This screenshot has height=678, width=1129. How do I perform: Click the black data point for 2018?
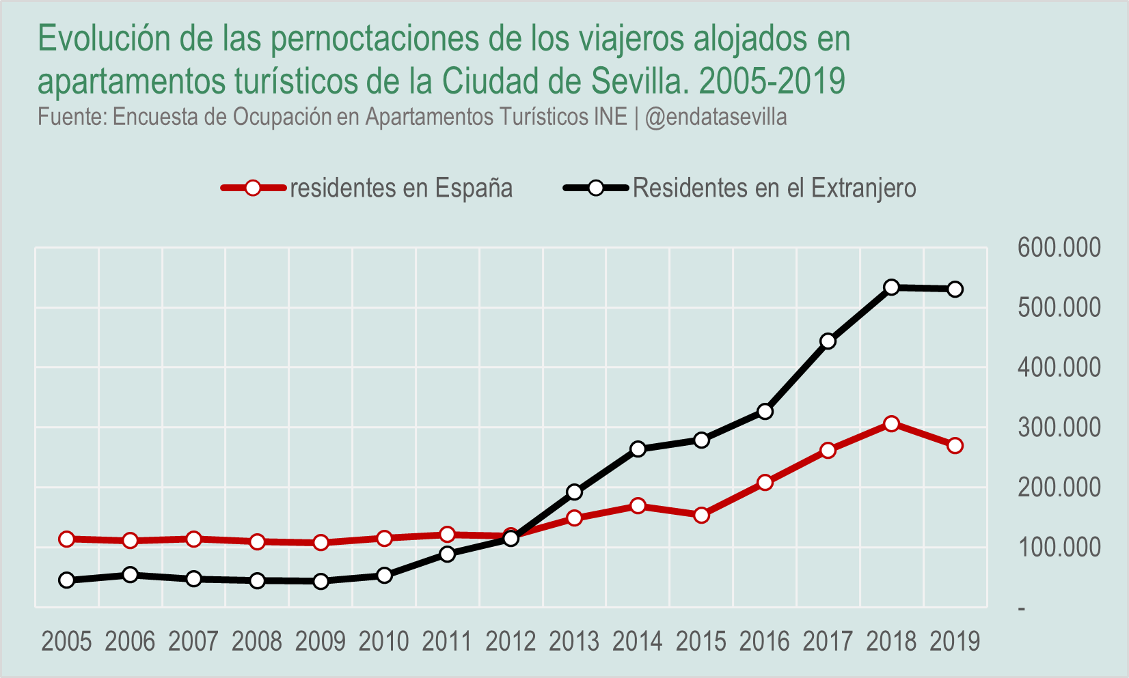891,287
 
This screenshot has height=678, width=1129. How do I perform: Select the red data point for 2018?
891,424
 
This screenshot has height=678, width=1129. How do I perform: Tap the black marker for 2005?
67,580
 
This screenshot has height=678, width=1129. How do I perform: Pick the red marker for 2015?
701,515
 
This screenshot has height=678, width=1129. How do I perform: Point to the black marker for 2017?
828,341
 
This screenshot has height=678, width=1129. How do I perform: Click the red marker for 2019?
955,446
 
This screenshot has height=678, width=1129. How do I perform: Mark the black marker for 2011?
448,554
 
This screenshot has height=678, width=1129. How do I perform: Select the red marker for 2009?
321,543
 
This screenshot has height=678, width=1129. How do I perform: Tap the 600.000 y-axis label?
1059,248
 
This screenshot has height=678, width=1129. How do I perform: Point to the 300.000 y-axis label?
1059,428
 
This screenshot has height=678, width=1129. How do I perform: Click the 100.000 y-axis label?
1059,548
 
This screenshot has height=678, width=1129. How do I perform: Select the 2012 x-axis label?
511,642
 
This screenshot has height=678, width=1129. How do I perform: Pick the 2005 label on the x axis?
66,642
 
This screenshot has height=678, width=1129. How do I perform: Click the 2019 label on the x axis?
955,642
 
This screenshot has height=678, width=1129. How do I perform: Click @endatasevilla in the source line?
716,117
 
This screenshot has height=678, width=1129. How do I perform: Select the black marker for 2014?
638,449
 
